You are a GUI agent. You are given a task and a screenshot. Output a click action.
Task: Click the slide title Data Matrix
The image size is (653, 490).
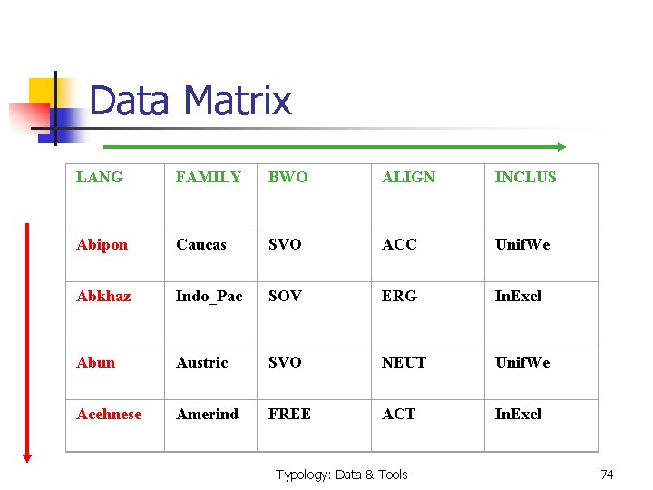(190, 101)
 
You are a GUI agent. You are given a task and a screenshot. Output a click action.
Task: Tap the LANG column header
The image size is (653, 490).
(100, 178)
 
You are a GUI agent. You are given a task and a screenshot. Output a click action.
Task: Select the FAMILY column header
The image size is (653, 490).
(209, 178)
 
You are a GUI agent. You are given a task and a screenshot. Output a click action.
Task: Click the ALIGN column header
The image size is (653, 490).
(408, 178)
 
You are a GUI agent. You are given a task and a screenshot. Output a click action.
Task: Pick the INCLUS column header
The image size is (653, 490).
(525, 178)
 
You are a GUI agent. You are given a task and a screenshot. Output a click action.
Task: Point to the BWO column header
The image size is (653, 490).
(288, 178)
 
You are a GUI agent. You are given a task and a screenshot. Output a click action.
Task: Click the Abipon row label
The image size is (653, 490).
(102, 245)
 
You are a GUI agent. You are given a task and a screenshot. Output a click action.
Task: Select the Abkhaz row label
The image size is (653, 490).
(103, 297)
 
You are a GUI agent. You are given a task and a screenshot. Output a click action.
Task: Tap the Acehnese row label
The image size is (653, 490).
(109, 415)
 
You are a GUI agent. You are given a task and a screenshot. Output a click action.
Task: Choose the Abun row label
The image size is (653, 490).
(96, 363)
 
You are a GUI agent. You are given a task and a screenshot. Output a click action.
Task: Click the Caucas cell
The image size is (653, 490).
(201, 245)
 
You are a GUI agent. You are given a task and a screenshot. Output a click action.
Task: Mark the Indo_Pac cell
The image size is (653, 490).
(210, 297)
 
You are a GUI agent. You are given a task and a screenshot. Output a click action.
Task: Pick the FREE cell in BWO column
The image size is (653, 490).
(289, 415)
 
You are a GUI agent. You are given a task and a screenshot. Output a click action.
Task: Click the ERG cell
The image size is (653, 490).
(399, 297)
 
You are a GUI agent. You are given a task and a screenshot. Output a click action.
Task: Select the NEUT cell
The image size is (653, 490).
(404, 363)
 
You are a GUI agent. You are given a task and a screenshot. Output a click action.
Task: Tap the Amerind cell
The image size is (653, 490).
(208, 415)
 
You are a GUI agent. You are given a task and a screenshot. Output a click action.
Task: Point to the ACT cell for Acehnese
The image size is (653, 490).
(398, 415)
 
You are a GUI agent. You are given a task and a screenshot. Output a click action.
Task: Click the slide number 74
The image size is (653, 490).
(608, 475)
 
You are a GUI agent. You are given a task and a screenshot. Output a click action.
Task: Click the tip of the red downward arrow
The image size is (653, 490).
(27, 460)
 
